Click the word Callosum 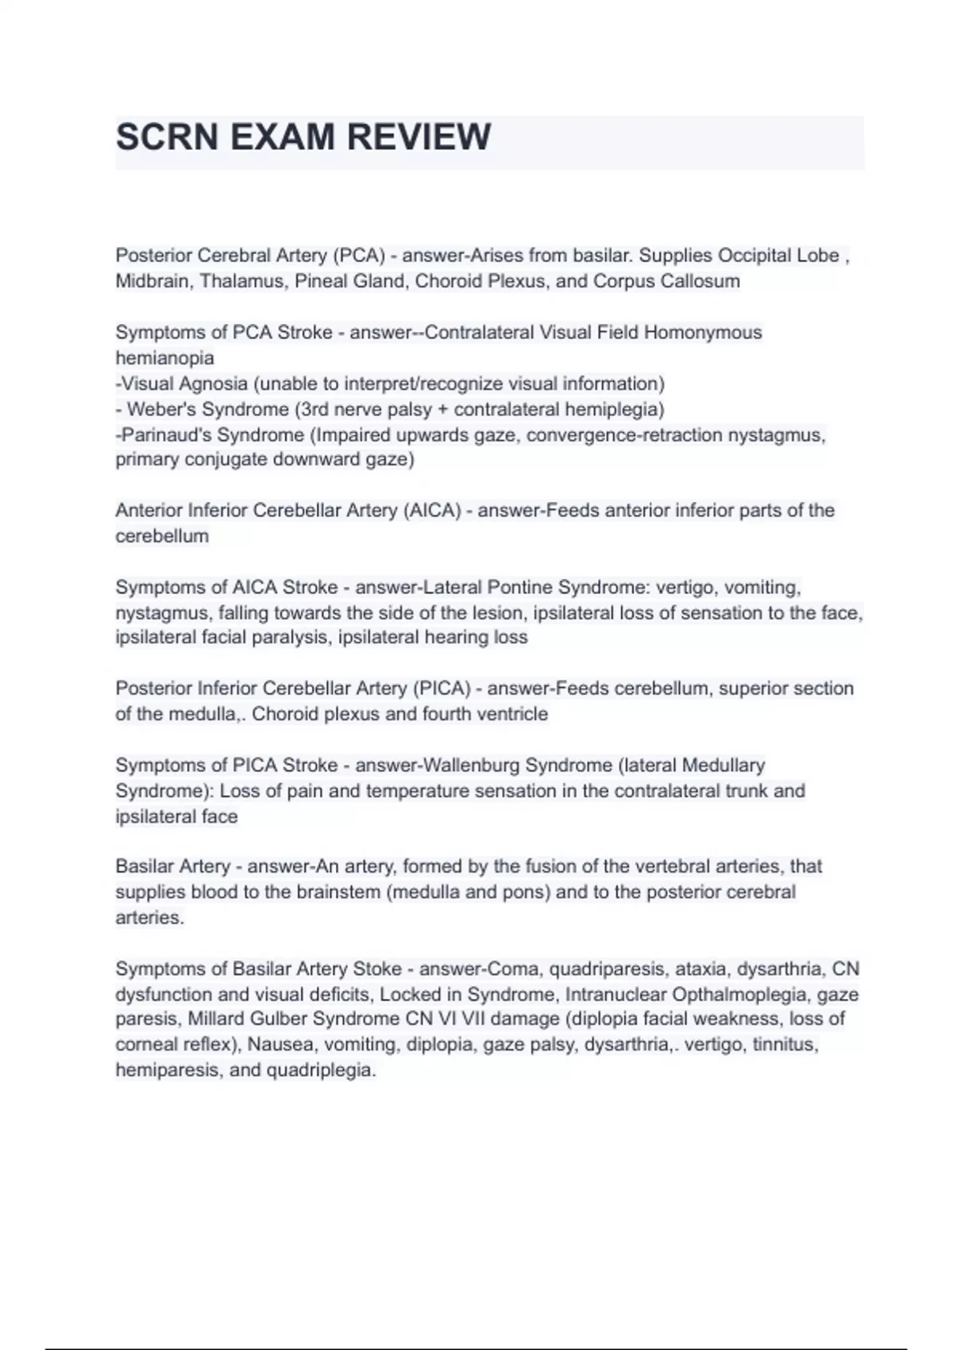point(700,281)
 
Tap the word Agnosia point(213,384)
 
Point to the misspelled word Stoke point(377,969)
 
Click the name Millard point(215,1019)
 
